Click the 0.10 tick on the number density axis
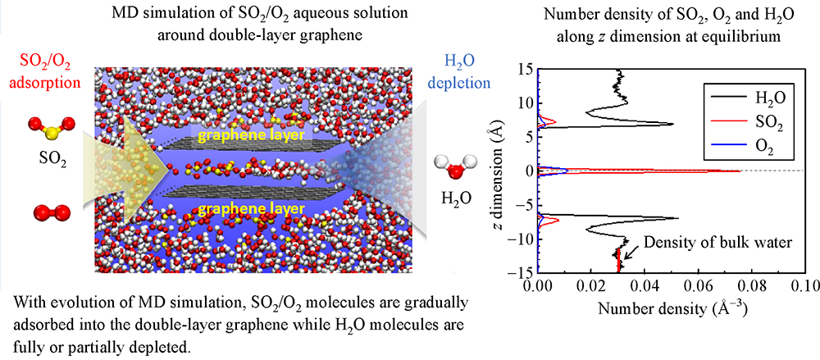click(804, 286)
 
